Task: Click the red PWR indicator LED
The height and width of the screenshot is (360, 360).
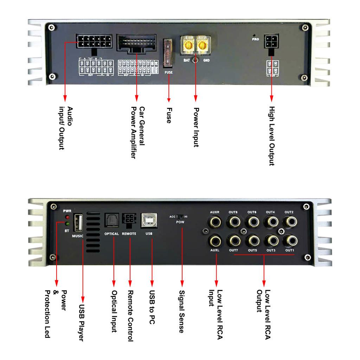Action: [x=66, y=218]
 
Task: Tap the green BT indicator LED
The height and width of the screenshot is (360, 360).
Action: [x=66, y=224]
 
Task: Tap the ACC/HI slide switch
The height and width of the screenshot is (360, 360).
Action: [x=181, y=217]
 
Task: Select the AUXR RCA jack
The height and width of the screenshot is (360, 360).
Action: [x=215, y=222]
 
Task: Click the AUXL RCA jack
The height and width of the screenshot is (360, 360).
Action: [x=215, y=240]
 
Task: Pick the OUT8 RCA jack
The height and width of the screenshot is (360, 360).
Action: [x=233, y=222]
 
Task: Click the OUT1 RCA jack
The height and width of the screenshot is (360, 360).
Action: [x=290, y=240]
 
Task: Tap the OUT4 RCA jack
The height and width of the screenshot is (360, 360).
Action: [x=270, y=222]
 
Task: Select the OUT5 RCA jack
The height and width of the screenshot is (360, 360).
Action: [x=252, y=240]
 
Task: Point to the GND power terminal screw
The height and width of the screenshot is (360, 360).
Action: [x=201, y=46]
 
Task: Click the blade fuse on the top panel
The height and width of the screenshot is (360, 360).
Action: [x=169, y=53]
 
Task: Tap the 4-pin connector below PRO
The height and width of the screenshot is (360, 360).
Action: [x=271, y=41]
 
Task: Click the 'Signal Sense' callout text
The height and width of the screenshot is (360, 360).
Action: [x=181, y=311]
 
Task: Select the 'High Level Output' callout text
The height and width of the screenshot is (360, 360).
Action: [x=271, y=136]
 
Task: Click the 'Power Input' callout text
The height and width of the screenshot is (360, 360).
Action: [x=196, y=127]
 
